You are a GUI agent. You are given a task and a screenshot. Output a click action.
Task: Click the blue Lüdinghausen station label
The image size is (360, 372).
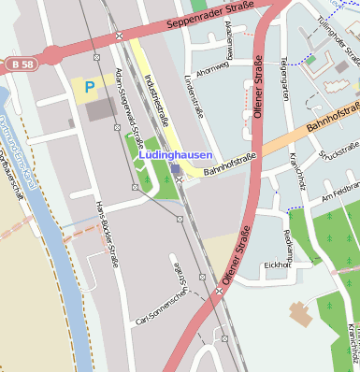tap(176, 155)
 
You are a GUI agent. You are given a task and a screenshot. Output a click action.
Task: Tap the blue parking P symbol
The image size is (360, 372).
tap(90, 87)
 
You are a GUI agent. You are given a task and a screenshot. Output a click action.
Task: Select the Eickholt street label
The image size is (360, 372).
tap(278, 265)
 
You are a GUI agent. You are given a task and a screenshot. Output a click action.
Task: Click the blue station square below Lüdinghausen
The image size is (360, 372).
tap(176, 168)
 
